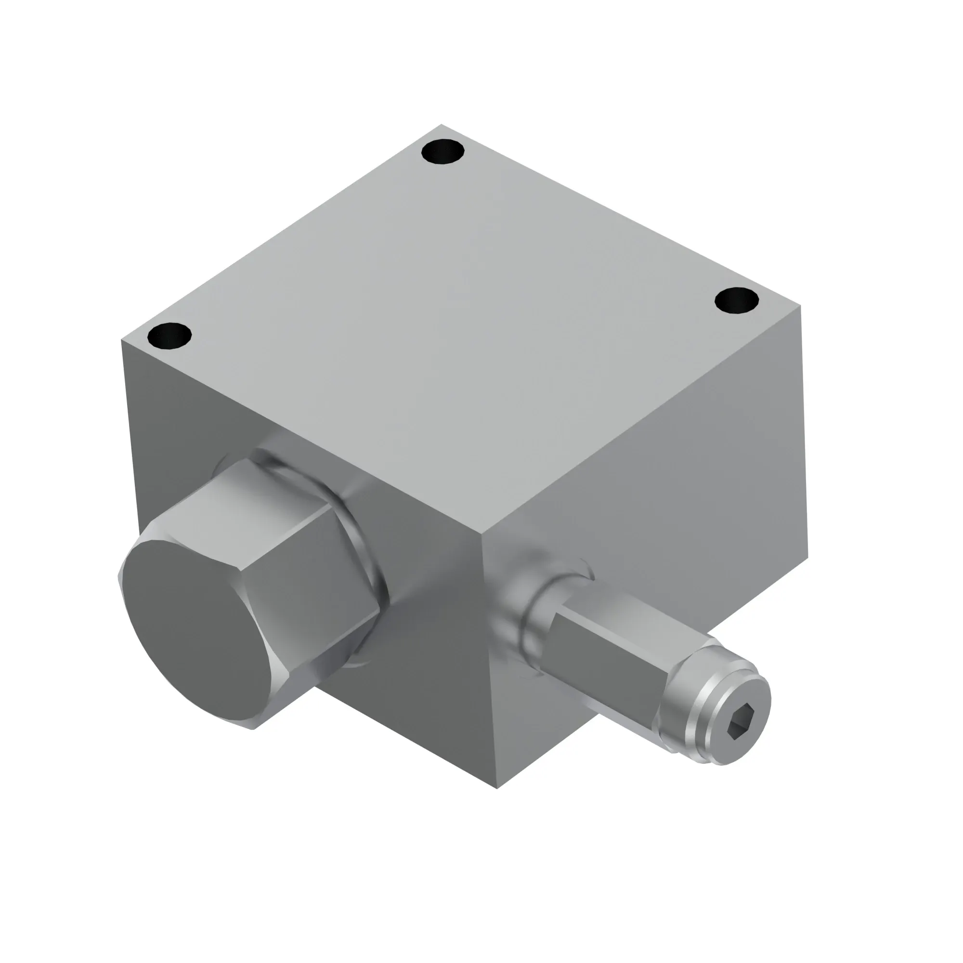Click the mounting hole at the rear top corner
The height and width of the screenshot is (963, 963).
(442, 152)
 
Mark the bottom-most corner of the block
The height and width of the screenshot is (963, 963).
(497, 788)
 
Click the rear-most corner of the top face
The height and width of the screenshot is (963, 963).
(441, 125)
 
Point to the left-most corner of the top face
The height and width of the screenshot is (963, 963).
(122, 340)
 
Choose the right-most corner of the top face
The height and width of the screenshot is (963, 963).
(802, 307)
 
